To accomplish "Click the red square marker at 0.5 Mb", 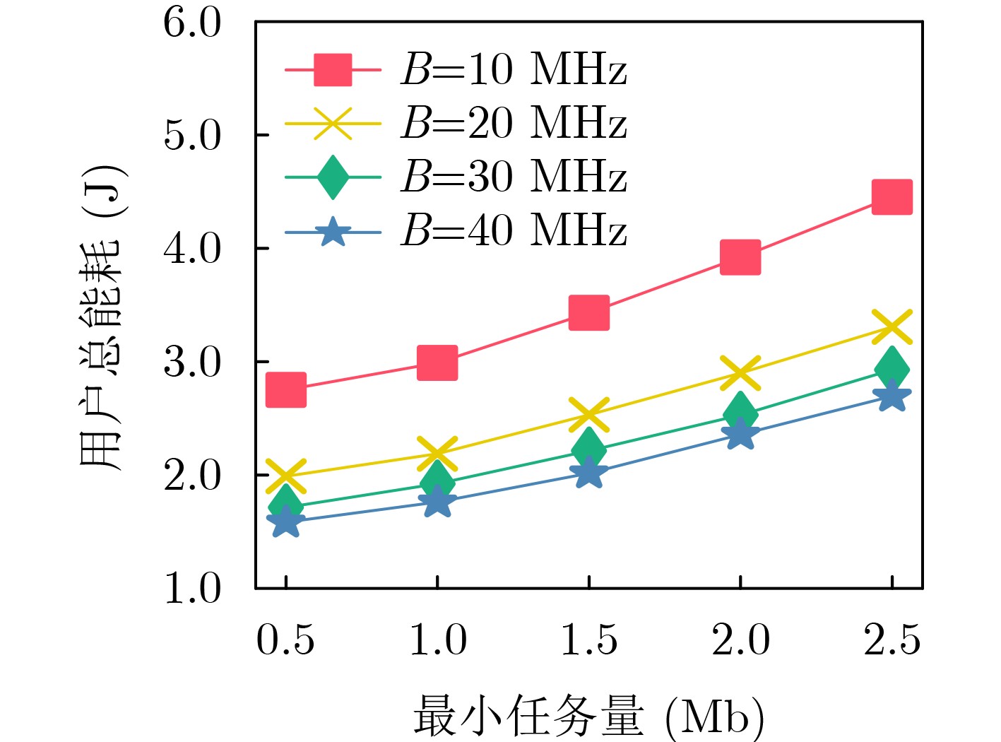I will (x=286, y=390).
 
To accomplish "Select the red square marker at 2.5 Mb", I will (x=892, y=196).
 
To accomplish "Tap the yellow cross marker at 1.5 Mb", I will (x=588, y=414).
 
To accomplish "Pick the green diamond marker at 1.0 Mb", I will (x=437, y=482).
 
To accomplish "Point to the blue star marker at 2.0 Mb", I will (x=740, y=433).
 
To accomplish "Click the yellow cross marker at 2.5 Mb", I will (x=892, y=327).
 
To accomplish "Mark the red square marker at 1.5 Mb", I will (x=588, y=313).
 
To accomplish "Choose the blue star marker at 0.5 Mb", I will (x=286, y=523).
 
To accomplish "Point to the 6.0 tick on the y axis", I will (x=192, y=23).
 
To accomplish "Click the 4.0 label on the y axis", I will (x=192, y=249).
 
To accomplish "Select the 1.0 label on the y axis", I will (x=192, y=588).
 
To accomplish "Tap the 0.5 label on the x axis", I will (x=285, y=640).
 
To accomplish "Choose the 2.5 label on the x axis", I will (x=892, y=640).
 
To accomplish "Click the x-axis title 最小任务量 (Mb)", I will (x=588, y=715).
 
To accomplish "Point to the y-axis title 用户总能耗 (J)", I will (x=102, y=318).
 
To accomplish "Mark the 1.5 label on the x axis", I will (x=588, y=640).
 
